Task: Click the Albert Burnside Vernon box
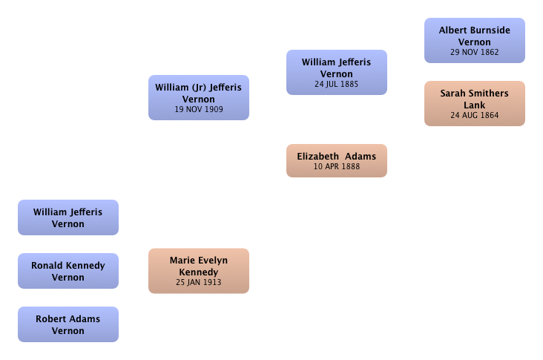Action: [475, 41]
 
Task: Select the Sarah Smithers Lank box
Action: [475, 104]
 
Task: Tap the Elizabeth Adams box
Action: [337, 161]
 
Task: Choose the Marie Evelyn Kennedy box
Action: [199, 271]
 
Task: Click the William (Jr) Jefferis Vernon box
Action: [199, 98]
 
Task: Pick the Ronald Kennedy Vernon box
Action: [68, 271]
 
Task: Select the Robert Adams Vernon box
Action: [68, 324]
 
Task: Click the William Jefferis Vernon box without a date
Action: [68, 217]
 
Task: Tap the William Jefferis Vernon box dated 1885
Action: [337, 73]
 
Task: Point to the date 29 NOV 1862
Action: [475, 52]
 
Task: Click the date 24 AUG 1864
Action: [475, 115]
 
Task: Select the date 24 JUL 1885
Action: [337, 84]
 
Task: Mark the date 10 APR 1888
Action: [337, 167]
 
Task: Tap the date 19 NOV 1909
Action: [199, 110]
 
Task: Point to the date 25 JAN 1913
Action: [199, 282]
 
